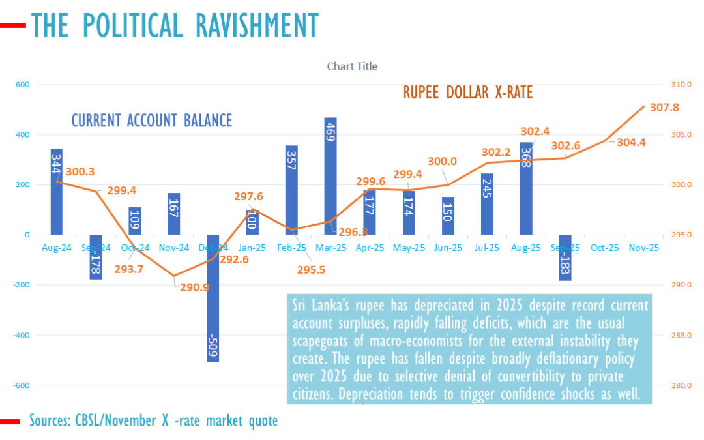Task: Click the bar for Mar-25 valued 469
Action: (x=330, y=176)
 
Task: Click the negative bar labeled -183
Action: (x=565, y=257)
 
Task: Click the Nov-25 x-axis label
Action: (x=643, y=248)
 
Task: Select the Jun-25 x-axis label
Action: (x=448, y=248)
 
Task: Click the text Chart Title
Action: (x=352, y=66)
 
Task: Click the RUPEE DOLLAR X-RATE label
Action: (x=467, y=93)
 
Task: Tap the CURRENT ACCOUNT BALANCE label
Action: (x=151, y=121)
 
